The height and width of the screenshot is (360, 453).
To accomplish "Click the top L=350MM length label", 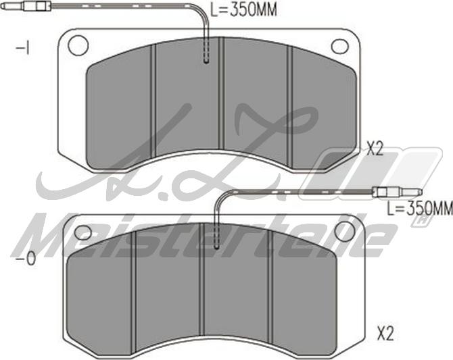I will [243, 9].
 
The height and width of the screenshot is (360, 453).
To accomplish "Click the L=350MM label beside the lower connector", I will [419, 208].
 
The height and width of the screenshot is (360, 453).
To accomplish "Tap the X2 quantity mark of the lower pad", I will [385, 333].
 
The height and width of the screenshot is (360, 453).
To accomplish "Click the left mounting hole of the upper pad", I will [78, 45].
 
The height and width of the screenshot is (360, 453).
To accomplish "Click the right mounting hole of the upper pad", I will [339, 45].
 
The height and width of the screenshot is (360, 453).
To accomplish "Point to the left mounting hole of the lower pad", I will [82, 232].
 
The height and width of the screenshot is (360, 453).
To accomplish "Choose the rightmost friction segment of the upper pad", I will [323, 101].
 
